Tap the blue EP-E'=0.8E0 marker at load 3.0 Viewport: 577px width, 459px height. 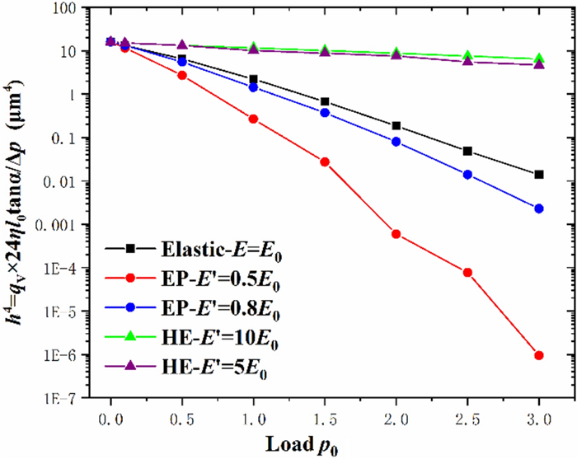coord(539,208)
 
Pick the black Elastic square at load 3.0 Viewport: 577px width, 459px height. coord(539,174)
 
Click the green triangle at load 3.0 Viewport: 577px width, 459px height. coord(539,59)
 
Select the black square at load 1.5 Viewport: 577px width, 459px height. coord(325,101)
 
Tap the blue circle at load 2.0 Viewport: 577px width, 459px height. coord(396,142)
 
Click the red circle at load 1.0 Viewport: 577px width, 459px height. coord(253,119)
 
